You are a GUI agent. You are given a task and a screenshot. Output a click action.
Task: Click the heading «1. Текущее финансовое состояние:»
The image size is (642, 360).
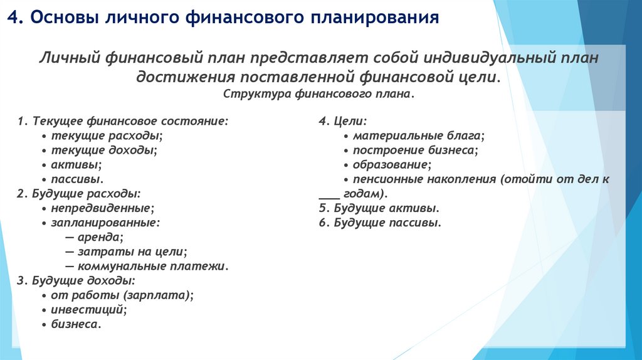point(123,120)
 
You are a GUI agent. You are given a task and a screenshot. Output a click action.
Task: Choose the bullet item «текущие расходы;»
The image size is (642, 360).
point(106,135)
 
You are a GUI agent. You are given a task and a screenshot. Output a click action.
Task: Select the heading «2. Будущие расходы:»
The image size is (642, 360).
point(79,193)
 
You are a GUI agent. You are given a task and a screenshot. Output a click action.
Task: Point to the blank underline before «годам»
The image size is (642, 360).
point(329,194)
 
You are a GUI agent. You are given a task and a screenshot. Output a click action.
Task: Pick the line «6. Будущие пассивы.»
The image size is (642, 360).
point(381,222)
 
